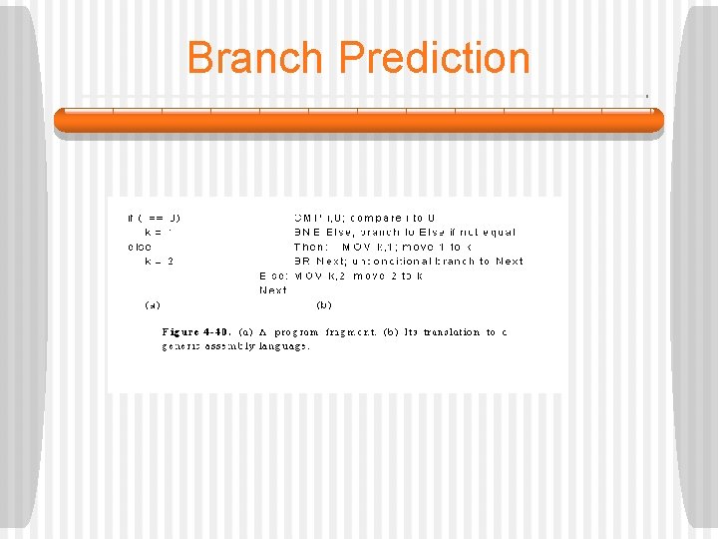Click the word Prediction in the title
point(435,58)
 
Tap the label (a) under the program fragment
point(154,303)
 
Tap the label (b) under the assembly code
point(324,303)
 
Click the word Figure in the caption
point(182,331)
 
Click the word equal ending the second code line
point(499,232)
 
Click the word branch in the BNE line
point(375,232)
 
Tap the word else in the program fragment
point(140,246)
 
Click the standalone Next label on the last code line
point(273,289)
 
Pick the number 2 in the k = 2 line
point(171,261)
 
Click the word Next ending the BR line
point(509,261)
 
